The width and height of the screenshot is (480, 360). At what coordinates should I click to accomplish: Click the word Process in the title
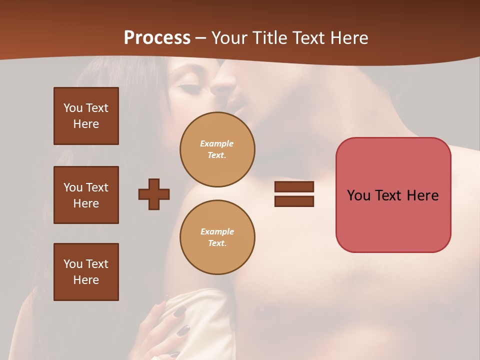[157, 38]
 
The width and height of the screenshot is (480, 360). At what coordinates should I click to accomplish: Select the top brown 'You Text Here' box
[86, 116]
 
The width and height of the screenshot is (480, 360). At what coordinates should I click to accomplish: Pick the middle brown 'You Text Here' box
[86, 195]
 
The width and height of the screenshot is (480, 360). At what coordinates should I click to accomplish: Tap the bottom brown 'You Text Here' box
[86, 272]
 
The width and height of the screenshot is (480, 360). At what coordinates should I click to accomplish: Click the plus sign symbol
[154, 194]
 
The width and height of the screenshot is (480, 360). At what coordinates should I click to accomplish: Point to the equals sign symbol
[294, 194]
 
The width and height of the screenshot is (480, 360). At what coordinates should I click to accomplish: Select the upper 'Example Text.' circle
[217, 149]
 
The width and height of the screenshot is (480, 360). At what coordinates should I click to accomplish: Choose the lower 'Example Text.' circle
[217, 237]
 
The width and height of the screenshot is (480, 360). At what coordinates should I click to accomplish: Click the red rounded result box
[393, 195]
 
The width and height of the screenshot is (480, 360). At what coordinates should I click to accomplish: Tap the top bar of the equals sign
[294, 187]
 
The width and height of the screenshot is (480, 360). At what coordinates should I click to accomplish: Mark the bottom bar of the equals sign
[294, 201]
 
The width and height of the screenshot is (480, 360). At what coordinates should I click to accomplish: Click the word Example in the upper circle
[217, 144]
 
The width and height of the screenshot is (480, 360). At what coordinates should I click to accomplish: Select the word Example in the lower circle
[217, 232]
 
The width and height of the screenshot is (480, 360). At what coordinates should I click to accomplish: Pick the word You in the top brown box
[73, 108]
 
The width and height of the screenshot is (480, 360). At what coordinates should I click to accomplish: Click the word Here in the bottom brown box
[86, 280]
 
